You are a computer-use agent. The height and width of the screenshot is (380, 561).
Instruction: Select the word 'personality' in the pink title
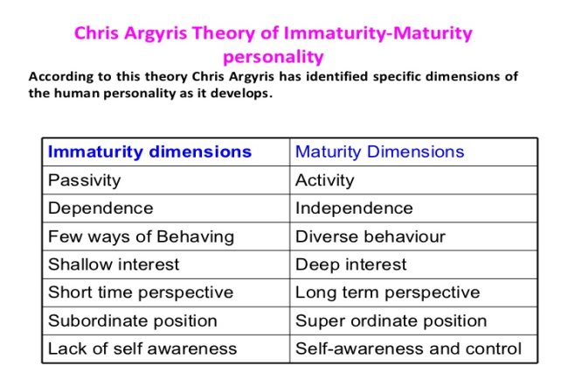coord(274,58)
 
